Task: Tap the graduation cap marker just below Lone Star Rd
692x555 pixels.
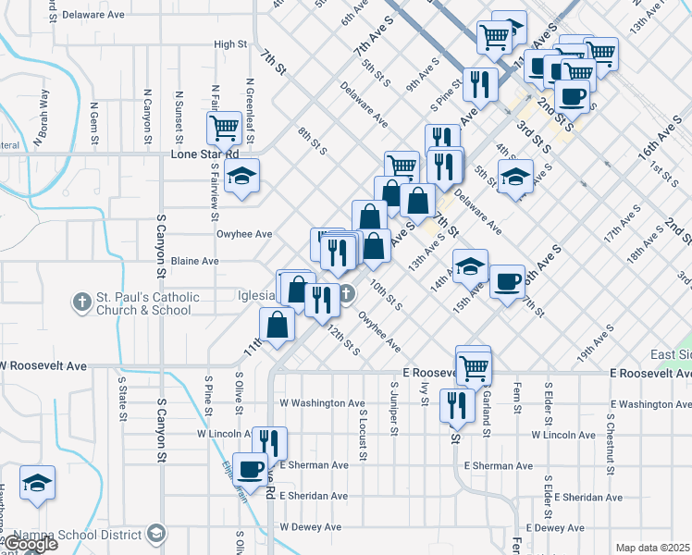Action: pyautogui.click(x=241, y=176)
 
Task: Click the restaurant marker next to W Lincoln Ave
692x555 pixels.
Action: pyautogui.click(x=269, y=442)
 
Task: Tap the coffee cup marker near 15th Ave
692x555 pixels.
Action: pyautogui.click(x=506, y=282)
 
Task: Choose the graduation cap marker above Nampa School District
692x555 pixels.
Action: pyautogui.click(x=38, y=484)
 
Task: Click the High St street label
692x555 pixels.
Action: pyautogui.click(x=230, y=43)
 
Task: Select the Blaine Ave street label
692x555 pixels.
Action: pyautogui.click(x=194, y=261)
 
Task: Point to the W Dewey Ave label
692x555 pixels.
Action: pyautogui.click(x=310, y=527)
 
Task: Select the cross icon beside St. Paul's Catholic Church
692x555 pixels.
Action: pyautogui.click(x=81, y=302)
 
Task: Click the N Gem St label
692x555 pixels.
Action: pyautogui.click(x=93, y=117)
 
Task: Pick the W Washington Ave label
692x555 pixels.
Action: pyautogui.click(x=322, y=403)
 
